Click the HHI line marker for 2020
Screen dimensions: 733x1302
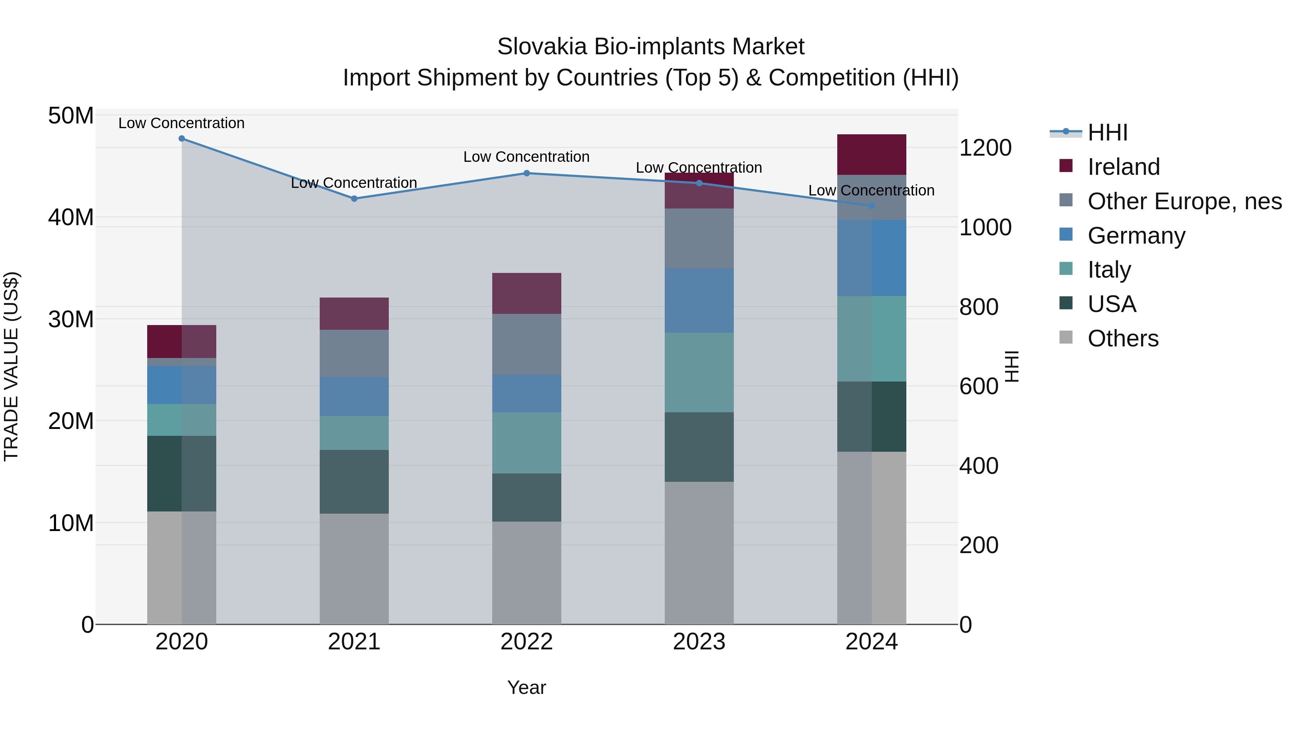pos(182,139)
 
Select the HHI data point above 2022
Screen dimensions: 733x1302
pos(526,173)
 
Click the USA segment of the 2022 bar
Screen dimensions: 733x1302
pos(526,497)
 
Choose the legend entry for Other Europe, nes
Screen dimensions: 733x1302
pos(1184,201)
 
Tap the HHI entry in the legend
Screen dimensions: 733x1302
pos(1107,132)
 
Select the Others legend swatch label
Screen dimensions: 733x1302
pos(1123,338)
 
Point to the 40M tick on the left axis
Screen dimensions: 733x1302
pos(71,218)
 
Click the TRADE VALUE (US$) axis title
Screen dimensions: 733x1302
pos(11,366)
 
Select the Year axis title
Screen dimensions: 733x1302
pos(526,687)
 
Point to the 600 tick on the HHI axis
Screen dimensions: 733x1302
pos(979,387)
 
